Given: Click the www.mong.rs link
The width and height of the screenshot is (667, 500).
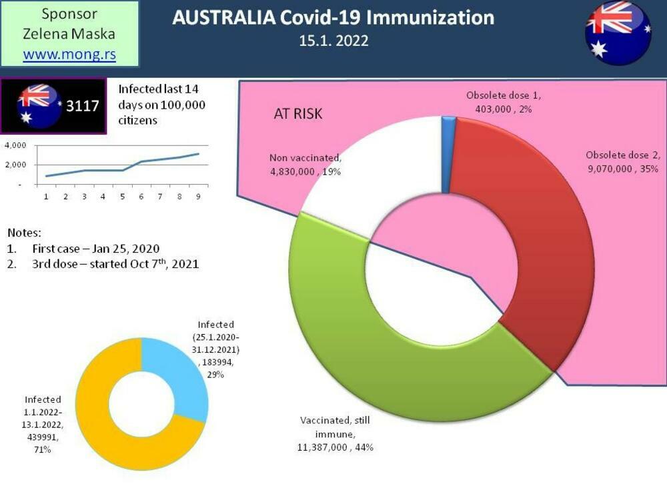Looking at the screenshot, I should point(69,55).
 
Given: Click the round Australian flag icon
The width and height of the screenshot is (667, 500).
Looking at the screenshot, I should point(618,33).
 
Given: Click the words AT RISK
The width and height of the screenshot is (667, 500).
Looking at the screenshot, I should point(298,114).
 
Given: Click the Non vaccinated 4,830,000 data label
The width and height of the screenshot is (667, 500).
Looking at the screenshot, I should point(305,163).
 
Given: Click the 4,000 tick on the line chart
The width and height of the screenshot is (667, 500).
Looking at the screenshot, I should point(15,145).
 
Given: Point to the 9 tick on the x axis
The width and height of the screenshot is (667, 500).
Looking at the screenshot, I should point(197,197).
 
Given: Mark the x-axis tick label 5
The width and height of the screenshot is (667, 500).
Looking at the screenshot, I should point(121,197).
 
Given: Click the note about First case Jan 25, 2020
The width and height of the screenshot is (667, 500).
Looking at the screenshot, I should point(95,249).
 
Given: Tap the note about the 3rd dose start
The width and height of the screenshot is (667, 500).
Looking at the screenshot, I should point(115,264).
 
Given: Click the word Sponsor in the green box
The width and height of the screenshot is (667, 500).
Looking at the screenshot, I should point(69,14).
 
